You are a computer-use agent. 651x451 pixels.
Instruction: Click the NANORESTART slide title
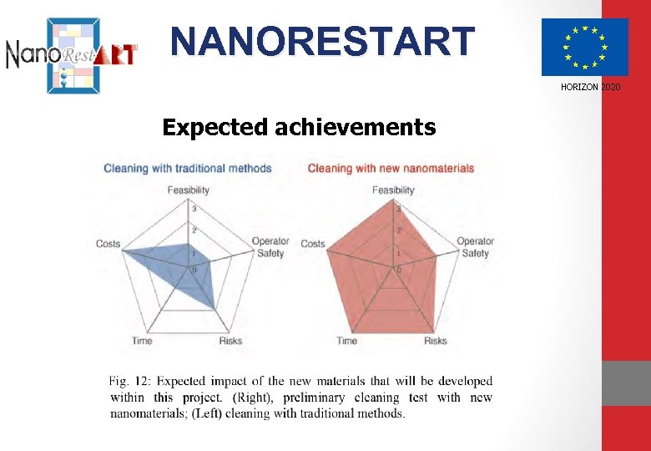(x=322, y=42)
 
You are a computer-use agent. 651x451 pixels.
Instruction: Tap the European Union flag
(x=584, y=47)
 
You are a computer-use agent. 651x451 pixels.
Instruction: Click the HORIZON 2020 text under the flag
(x=591, y=88)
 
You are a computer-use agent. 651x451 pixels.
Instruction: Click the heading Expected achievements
(x=299, y=127)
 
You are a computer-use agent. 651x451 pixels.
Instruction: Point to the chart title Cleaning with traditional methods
(x=188, y=168)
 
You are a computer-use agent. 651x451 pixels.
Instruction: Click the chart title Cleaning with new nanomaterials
(x=391, y=168)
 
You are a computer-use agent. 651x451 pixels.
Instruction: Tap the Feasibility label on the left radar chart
(x=188, y=190)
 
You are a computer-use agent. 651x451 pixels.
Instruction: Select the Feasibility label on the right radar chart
(x=393, y=190)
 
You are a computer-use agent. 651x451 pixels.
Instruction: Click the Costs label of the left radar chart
(x=108, y=244)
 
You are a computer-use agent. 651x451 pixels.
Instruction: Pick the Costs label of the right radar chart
(x=313, y=244)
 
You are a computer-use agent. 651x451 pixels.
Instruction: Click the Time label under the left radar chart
(x=142, y=341)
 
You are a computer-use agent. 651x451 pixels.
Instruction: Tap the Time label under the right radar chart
(x=347, y=341)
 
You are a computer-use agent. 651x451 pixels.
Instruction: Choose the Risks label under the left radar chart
(x=230, y=341)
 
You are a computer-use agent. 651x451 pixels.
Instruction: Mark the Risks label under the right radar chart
(x=436, y=341)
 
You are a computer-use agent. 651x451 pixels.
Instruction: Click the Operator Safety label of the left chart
(x=270, y=247)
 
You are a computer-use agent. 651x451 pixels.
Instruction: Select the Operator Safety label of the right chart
(x=475, y=247)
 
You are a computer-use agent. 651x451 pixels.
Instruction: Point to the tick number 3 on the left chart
(x=194, y=208)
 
